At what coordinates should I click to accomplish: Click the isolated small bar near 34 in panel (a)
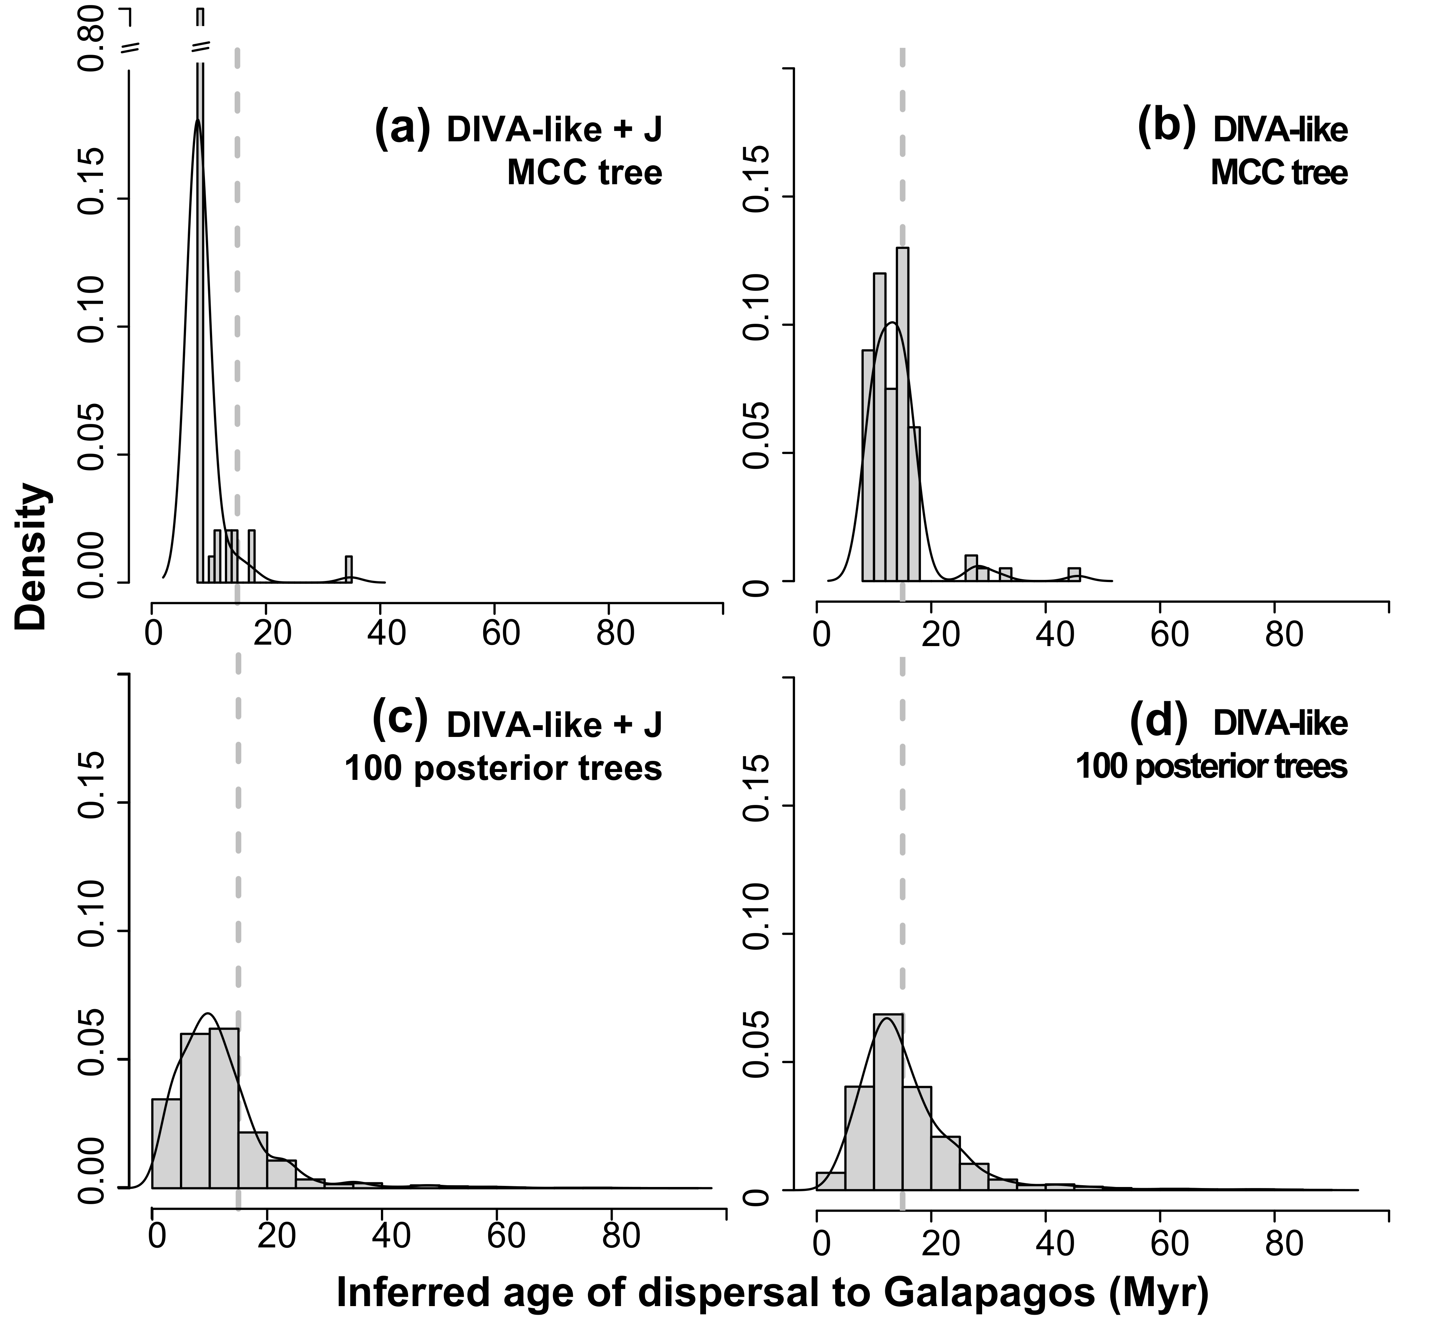[x=348, y=569]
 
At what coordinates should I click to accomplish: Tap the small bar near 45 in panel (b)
[x=1074, y=575]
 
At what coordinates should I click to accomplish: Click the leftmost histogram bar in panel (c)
[x=166, y=1142]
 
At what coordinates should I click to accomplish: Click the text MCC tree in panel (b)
[x=1279, y=173]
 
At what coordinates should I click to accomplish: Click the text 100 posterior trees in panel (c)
[x=503, y=769]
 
